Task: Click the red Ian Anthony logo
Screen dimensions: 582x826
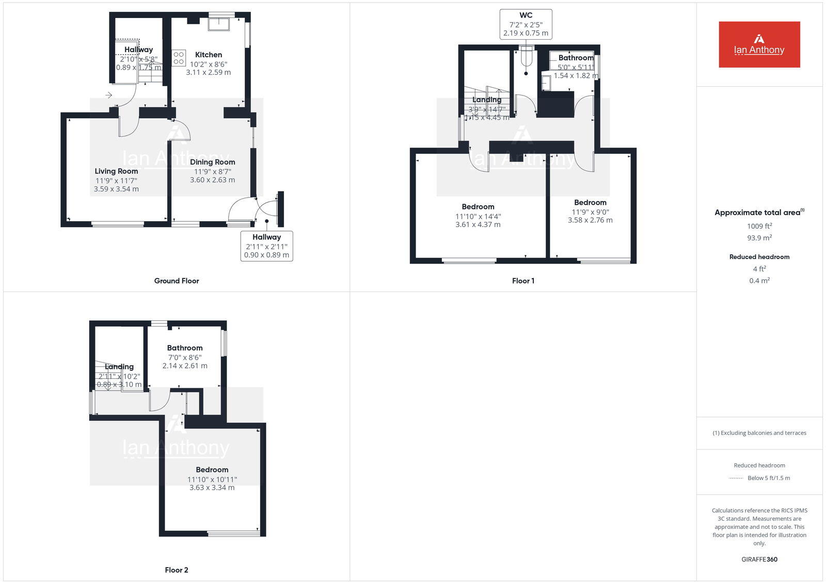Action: tap(759, 44)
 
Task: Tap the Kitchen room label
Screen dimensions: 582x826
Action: tap(209, 55)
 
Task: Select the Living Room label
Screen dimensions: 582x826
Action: tap(116, 171)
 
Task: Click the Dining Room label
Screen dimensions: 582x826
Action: tap(212, 162)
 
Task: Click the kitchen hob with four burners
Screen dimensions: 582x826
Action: tap(179, 58)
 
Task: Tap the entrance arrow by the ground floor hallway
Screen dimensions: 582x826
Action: tap(109, 95)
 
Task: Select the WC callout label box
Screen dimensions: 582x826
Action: tap(526, 24)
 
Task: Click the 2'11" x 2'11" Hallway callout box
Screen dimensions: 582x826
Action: tap(266, 246)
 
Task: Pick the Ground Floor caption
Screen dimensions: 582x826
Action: tap(177, 281)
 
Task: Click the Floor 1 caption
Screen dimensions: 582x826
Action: tap(523, 281)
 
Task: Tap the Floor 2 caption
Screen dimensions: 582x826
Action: tap(177, 570)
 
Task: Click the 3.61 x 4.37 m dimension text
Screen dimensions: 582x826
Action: tap(478, 224)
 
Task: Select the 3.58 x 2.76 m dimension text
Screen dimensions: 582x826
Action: tap(590, 220)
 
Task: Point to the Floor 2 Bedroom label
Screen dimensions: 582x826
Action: tap(212, 470)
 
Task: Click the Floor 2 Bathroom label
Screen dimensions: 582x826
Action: tap(185, 348)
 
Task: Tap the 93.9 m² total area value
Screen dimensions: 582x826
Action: tap(759, 238)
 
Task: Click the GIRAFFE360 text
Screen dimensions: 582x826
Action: tap(759, 559)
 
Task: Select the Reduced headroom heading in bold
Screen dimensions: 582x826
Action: tap(759, 257)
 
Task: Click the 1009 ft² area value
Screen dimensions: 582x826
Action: tap(759, 226)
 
